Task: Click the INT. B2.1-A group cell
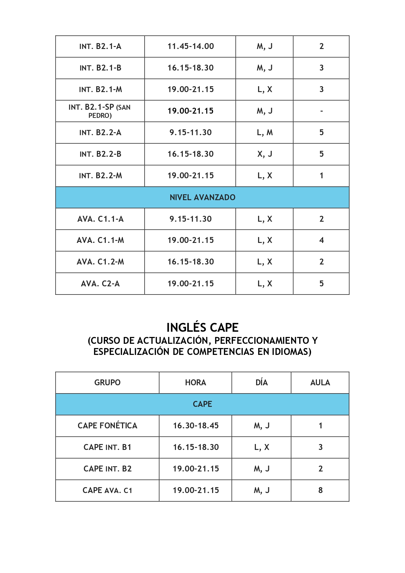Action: [x=100, y=46]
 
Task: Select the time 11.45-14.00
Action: [x=191, y=46]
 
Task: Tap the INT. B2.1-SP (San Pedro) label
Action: [x=100, y=111]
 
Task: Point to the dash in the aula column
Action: [x=321, y=111]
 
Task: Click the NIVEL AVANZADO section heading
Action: [x=202, y=197]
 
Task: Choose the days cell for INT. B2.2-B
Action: [x=265, y=154]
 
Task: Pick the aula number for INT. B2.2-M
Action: [x=321, y=176]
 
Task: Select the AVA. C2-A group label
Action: [x=100, y=283]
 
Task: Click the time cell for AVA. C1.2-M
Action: [x=191, y=262]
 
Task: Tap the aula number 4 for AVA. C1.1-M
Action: [x=321, y=240]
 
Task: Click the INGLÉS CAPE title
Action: [x=202, y=327]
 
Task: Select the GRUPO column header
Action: [x=107, y=382]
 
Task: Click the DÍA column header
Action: [x=261, y=382]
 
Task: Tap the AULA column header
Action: [x=320, y=382]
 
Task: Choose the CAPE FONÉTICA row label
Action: [x=107, y=425]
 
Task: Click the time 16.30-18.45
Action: [x=196, y=425]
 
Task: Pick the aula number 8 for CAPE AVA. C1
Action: [x=320, y=490]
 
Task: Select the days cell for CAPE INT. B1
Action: [x=262, y=447]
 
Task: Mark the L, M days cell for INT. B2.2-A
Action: [x=265, y=133]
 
